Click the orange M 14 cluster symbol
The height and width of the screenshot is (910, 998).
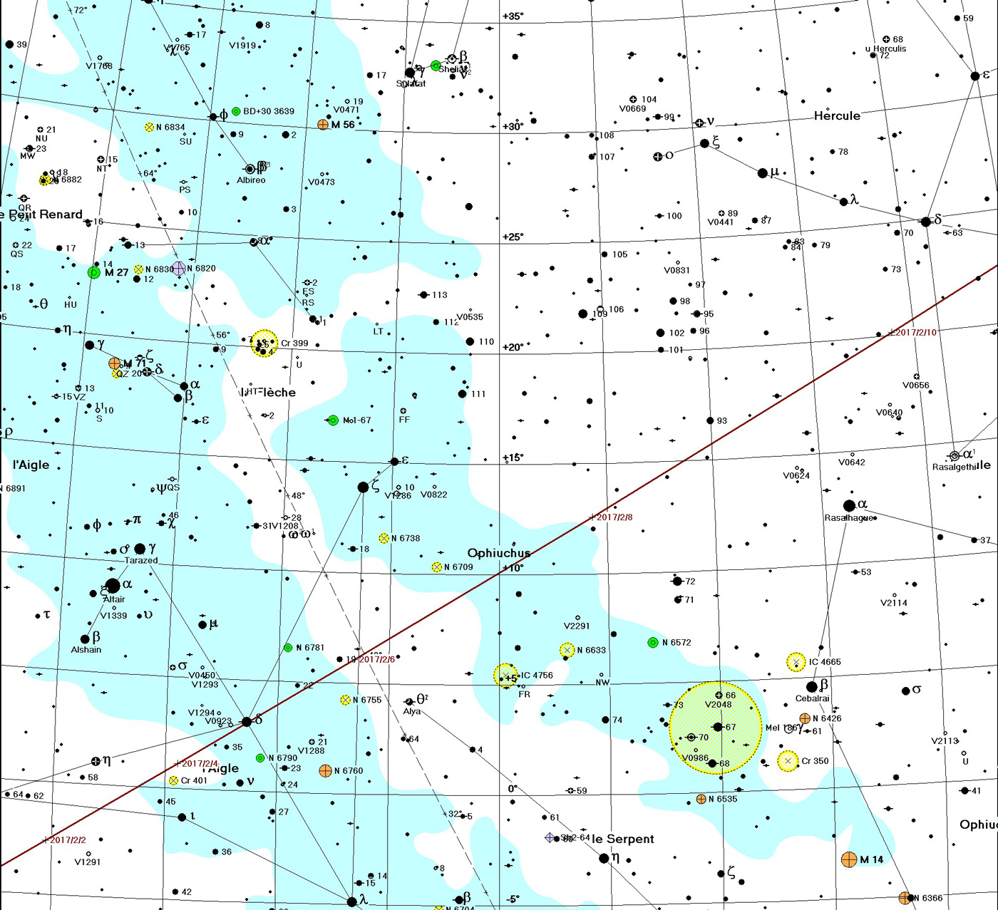(x=848, y=859)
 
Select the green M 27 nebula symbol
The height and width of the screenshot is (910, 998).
(x=93, y=272)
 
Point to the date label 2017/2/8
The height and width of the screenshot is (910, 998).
(x=613, y=517)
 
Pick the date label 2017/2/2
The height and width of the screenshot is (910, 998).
(x=68, y=840)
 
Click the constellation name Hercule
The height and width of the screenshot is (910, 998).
(x=837, y=115)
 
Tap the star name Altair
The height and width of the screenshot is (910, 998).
(x=114, y=599)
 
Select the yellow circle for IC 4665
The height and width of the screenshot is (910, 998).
(x=796, y=662)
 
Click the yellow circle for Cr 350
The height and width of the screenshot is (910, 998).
(x=787, y=761)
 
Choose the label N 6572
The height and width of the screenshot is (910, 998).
(x=677, y=643)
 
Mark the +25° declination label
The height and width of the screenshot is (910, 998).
(x=513, y=237)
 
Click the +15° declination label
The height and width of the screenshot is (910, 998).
(x=513, y=457)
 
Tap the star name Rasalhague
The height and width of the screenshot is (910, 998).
(x=848, y=518)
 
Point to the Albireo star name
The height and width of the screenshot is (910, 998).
(x=251, y=180)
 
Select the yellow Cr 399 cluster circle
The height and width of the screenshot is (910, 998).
(x=264, y=343)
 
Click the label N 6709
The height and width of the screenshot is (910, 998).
(x=458, y=567)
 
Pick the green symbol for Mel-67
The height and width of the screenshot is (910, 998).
(x=333, y=420)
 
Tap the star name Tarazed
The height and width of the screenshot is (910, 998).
(x=141, y=560)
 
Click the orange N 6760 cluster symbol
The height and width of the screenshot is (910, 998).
(x=325, y=770)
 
